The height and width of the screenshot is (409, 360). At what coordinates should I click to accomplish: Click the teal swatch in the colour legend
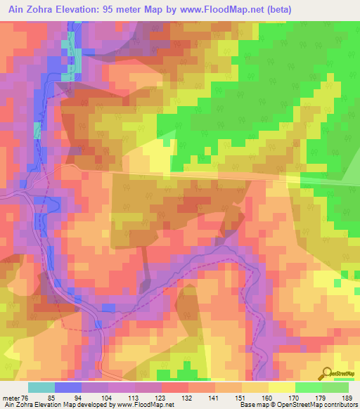coord(41,387)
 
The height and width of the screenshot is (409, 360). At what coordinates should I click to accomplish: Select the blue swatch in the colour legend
coord(68,387)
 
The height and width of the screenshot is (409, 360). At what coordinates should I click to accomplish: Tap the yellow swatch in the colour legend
coord(281,387)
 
